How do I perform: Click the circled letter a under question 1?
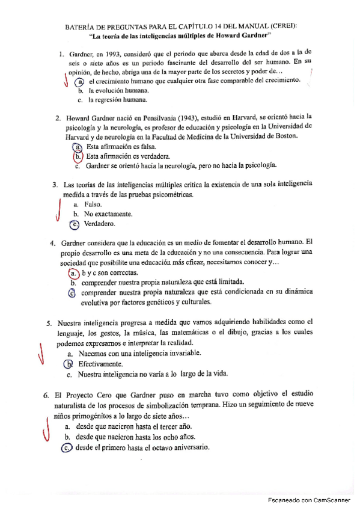(x=79, y=81)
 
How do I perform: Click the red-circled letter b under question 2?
(x=78, y=156)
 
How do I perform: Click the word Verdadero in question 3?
(x=100, y=224)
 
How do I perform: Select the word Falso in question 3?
(x=94, y=204)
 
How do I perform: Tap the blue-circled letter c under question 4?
(x=72, y=293)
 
